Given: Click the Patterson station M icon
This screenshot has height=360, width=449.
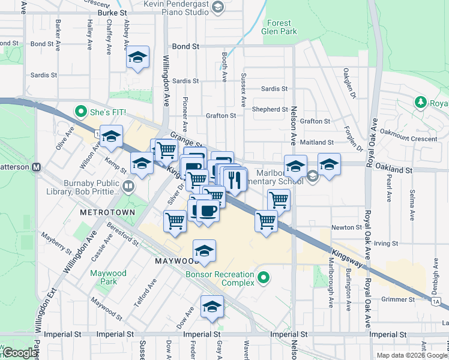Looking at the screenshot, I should [36, 167].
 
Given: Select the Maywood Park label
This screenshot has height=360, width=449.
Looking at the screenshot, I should [108, 277].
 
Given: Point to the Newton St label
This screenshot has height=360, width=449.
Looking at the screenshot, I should [347, 227].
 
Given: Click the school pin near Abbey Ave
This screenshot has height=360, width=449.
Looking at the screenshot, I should [138, 59].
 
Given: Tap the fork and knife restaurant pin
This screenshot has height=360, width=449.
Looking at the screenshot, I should [235, 179].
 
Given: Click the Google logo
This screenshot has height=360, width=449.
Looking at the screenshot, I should [19, 353].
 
